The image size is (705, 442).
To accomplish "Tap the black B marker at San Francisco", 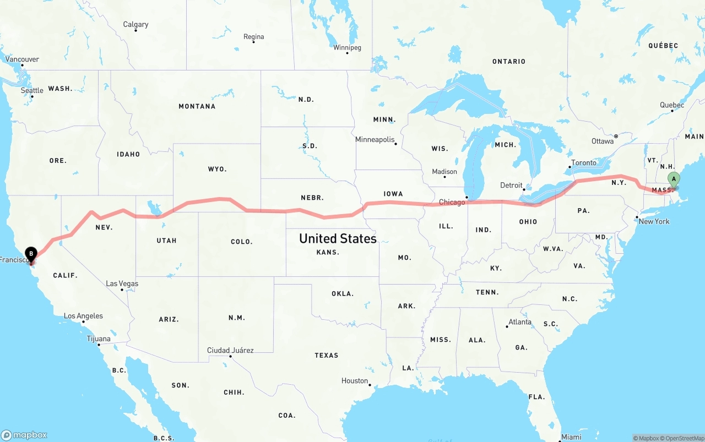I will click(31, 254).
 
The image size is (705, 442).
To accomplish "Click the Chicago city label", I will click(452, 203).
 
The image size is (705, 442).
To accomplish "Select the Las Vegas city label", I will click(122, 284).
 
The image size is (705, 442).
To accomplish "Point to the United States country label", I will click(338, 238).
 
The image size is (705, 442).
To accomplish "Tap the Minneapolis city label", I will click(375, 140).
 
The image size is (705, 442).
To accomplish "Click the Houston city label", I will click(354, 381).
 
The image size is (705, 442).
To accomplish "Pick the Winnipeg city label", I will click(347, 48).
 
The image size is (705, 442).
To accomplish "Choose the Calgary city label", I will click(135, 25).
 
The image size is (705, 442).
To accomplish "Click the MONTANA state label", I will click(197, 106).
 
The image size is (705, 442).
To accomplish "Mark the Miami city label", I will click(571, 437).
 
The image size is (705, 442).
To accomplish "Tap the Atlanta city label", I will click(520, 322).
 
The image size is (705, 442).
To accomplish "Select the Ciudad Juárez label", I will click(230, 350).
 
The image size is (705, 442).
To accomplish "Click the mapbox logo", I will click(24, 435).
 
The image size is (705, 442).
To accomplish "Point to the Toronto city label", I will click(583, 163).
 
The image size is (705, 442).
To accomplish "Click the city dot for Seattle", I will click(32, 97).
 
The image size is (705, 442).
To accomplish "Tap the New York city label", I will click(654, 221).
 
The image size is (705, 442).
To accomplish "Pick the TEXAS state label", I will click(326, 356).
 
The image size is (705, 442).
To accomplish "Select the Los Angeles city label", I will click(83, 316).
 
